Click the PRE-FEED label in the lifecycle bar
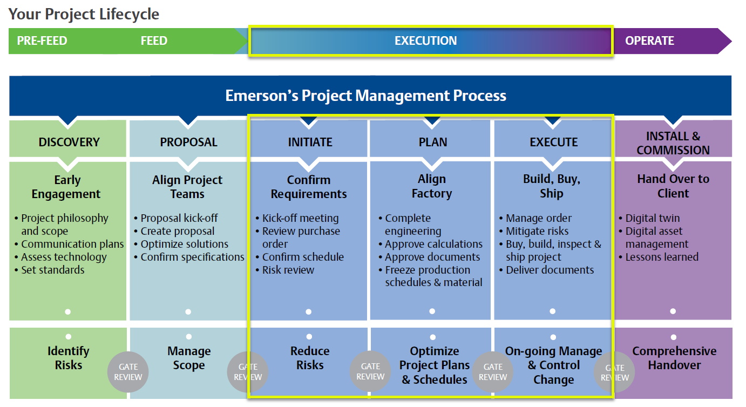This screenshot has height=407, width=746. click(x=42, y=40)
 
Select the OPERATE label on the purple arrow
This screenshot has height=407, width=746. click(x=649, y=40)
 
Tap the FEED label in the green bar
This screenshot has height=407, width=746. click(x=154, y=40)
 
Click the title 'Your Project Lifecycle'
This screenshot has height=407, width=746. click(x=84, y=15)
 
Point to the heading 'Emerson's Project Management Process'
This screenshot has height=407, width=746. click(x=365, y=96)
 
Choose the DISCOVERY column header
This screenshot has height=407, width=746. click(x=69, y=142)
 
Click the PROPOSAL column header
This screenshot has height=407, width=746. click(x=188, y=142)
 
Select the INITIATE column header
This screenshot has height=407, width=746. click(x=310, y=142)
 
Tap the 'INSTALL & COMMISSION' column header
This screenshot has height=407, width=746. click(x=673, y=143)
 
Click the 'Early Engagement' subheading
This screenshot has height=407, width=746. click(x=66, y=187)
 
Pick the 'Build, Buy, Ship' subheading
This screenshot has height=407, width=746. click(x=552, y=186)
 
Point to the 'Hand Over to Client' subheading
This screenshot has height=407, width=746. click(x=673, y=186)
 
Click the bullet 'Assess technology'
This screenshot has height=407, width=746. click(x=64, y=257)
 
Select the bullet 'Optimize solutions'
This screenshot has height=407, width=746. click(x=184, y=244)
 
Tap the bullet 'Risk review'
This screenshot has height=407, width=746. click(x=288, y=270)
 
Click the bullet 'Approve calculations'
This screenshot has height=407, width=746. click(x=433, y=244)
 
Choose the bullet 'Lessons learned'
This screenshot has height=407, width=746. click(x=662, y=257)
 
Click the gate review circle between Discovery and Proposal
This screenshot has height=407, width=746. click(x=128, y=372)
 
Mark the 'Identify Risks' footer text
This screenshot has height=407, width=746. click(x=69, y=358)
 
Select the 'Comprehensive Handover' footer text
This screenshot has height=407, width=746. click(x=674, y=358)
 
